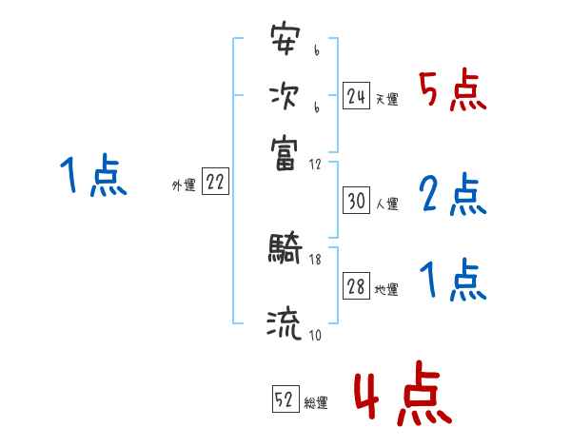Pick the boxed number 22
tap(215, 184)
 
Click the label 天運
tap(386, 99)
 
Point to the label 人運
tap(386, 204)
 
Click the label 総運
tap(316, 402)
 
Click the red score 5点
tap(452, 92)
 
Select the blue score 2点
tap(452, 195)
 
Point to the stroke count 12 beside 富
tap(315, 165)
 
